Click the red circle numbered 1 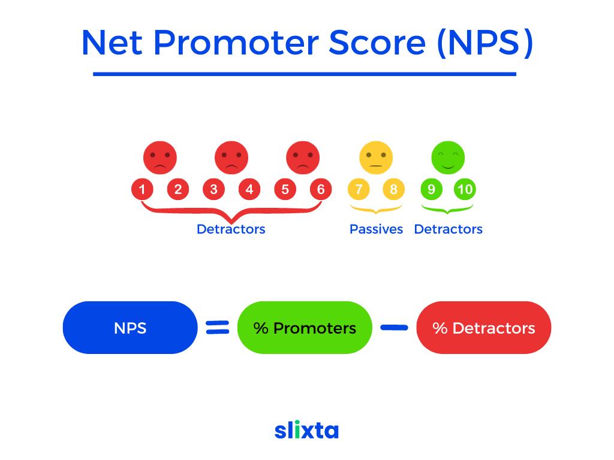[x=142, y=189]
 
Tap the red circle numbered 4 [x=249, y=189]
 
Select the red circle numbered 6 [x=321, y=189]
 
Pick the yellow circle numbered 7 [x=359, y=189]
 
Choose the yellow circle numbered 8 [x=393, y=189]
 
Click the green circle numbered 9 [x=431, y=189]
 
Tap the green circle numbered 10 [x=465, y=189]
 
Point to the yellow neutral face [x=376, y=158]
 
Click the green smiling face [x=448, y=158]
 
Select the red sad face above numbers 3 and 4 [x=231, y=158]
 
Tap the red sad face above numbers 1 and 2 [x=159, y=158]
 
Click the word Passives [x=376, y=229]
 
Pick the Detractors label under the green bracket [x=449, y=229]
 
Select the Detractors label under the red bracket [x=231, y=229]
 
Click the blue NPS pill [x=130, y=328]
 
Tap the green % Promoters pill [x=305, y=328]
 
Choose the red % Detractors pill [x=484, y=328]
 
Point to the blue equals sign [x=218, y=328]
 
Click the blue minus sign [x=395, y=328]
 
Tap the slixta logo [x=306, y=429]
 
